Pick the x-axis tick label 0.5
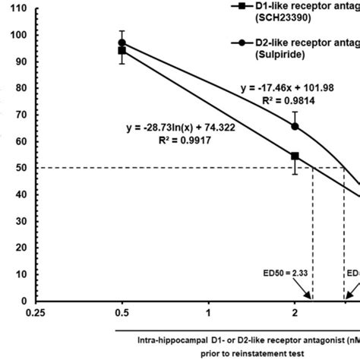[121, 311]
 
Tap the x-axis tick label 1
[207, 311]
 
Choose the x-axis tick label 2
[295, 311]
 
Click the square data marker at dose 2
[295, 156]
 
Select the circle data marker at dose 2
[295, 126]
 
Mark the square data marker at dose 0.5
[122, 51]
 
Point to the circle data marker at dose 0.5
[122, 43]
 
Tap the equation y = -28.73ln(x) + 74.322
[180, 127]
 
